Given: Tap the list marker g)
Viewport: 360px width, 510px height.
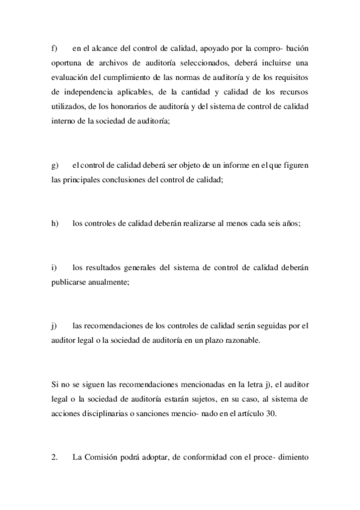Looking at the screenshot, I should click(x=53, y=165).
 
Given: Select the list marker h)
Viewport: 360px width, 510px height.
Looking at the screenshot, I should click(x=53, y=224).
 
